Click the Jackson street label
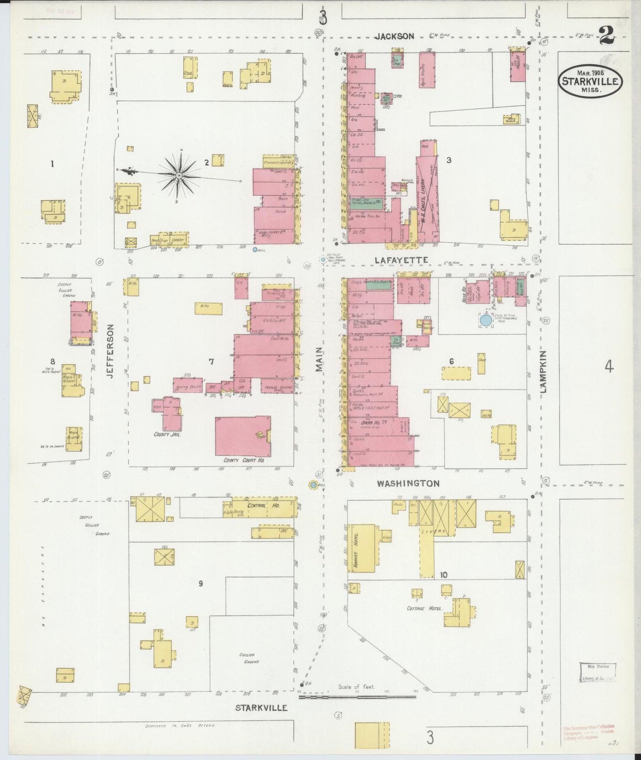tap(394, 37)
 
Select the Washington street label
tap(408, 484)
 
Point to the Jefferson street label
tap(110, 350)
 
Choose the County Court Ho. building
tap(243, 436)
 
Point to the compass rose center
tap(179, 176)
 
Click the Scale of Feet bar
tap(357, 709)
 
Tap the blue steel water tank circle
tap(486, 320)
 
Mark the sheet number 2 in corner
tap(606, 36)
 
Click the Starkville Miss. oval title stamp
tap(590, 80)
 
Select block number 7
tap(212, 362)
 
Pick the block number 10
tap(444, 575)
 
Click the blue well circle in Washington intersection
tap(314, 486)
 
